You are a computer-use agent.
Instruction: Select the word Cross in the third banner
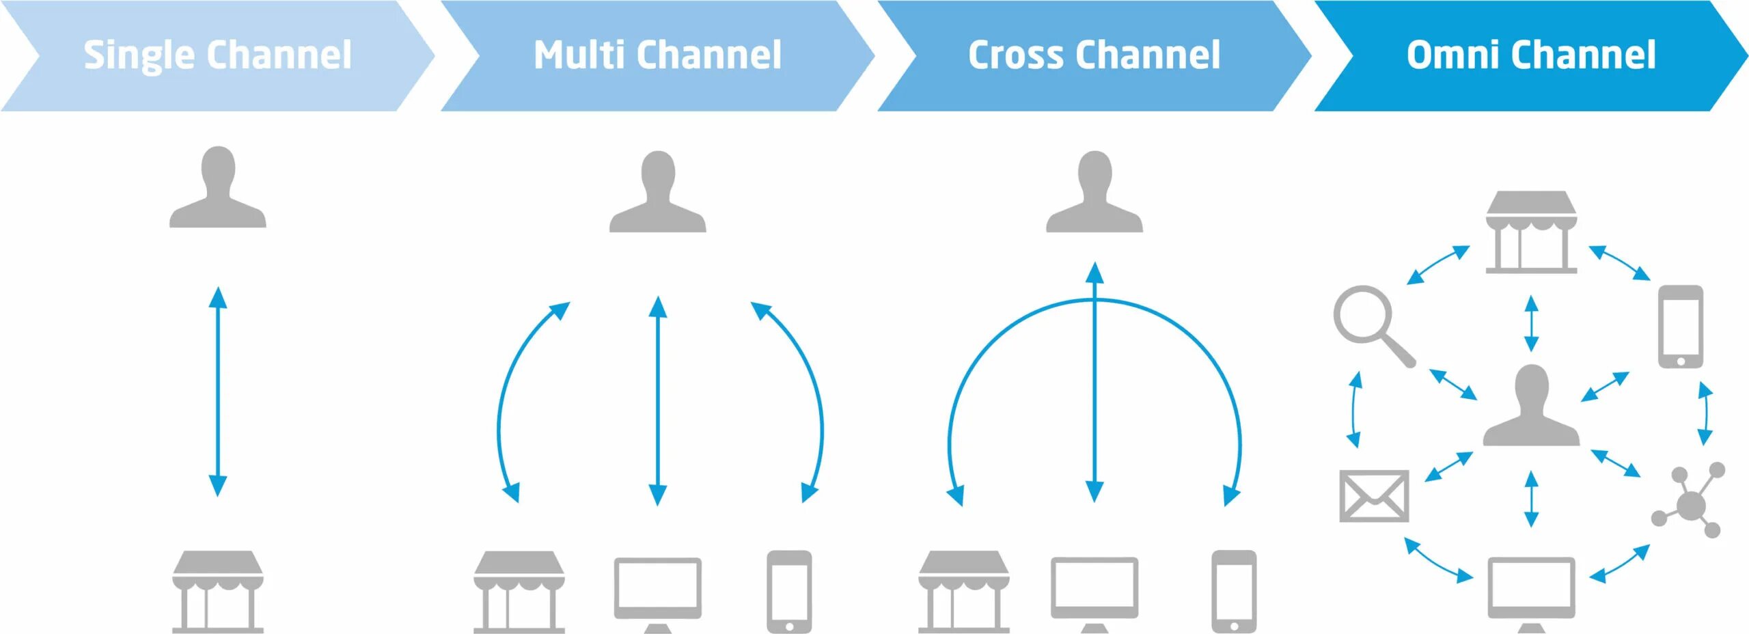pos(1015,55)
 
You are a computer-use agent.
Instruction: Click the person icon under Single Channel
pos(217,188)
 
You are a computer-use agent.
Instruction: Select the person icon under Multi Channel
pos(657,193)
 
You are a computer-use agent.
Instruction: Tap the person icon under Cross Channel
pos(1094,193)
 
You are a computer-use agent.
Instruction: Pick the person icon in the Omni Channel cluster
pos(1531,407)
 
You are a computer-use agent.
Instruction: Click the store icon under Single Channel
pos(217,591)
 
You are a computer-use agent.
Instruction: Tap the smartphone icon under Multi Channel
pos(789,592)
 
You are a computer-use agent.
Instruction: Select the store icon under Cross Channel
pos(963,591)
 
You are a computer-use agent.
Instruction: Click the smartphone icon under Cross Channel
pos(1233,592)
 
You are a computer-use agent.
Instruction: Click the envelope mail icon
pos(1373,496)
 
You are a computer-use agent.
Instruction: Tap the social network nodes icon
pos(1688,502)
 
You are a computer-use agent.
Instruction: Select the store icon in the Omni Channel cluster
pos(1531,232)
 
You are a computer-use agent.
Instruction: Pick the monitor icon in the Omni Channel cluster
pos(1531,592)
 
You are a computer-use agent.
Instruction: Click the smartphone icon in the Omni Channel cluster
pos(1680,327)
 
